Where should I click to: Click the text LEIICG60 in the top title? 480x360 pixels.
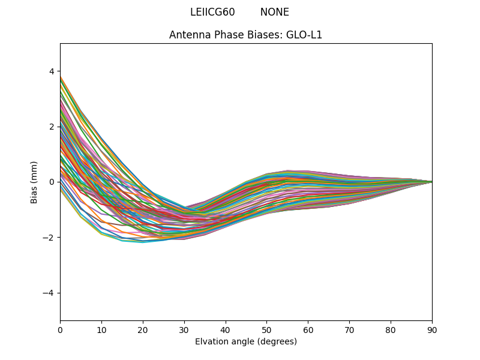(212, 12)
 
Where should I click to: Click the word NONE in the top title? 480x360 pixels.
(274, 12)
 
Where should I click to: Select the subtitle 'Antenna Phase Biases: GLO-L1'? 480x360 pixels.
(245, 35)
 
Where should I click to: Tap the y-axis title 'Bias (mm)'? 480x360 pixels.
(34, 182)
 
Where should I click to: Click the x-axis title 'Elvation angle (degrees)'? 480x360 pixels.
(245, 341)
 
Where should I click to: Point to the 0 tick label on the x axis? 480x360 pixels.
(60, 329)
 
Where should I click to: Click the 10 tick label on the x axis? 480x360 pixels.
(101, 329)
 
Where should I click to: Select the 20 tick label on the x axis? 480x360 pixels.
(143, 329)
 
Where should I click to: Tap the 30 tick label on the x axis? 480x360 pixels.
(184, 329)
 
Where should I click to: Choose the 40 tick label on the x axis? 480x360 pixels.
(226, 329)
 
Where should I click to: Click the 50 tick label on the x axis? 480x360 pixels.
(266, 329)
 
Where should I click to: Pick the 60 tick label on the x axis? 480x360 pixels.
(308, 329)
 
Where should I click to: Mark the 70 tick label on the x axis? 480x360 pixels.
(349, 329)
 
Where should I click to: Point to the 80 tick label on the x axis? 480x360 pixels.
(391, 329)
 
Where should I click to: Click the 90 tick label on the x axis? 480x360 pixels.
(432, 329)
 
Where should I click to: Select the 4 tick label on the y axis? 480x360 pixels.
(51, 71)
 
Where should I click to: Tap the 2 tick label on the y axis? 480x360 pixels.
(51, 127)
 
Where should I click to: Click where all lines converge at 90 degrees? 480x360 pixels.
(431, 182)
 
